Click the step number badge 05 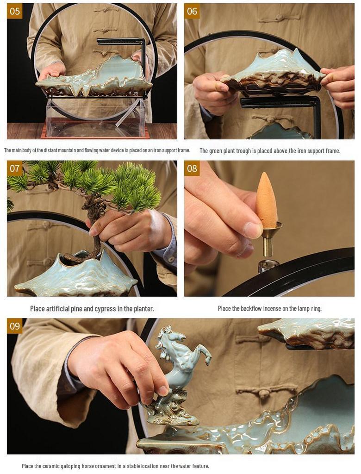tap(14, 11)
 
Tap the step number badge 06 tap(192, 11)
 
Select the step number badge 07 tap(14, 168)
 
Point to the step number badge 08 tap(192, 168)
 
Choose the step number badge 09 tap(14, 326)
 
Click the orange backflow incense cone tap(267, 201)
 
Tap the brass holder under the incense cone tap(268, 240)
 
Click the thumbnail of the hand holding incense tap(269, 229)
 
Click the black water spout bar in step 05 tap(121, 41)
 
